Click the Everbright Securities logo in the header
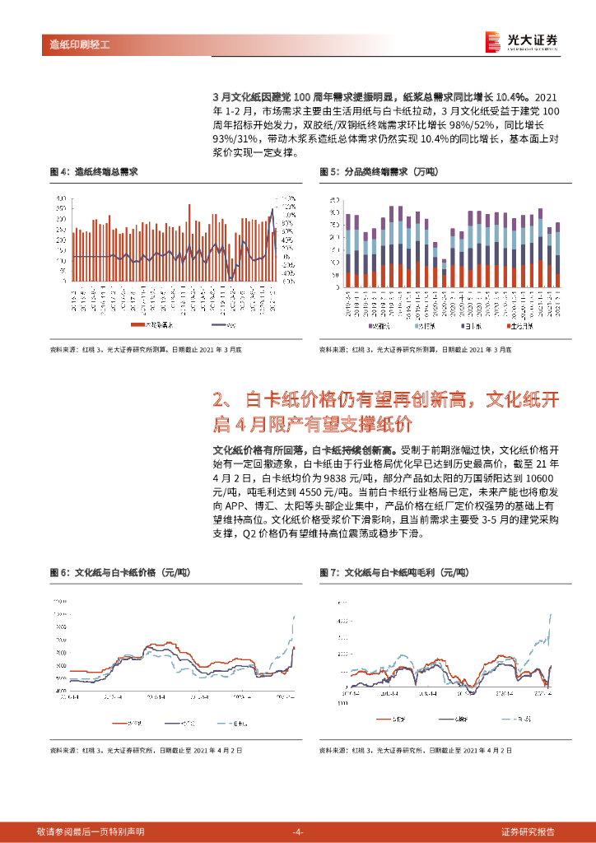point(521,40)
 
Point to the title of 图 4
point(93,172)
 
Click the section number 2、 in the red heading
point(225,401)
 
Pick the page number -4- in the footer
point(298,831)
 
